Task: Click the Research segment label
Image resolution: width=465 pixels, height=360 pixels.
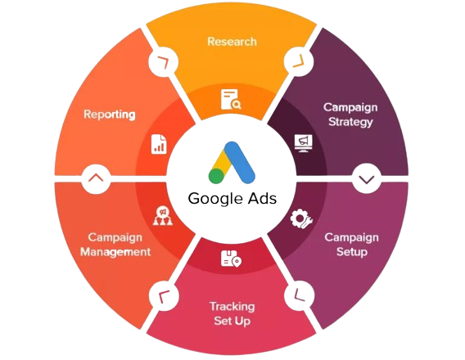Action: coord(232,42)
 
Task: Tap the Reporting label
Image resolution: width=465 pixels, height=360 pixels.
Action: coord(110,115)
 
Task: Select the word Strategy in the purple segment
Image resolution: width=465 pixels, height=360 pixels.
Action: coord(350,122)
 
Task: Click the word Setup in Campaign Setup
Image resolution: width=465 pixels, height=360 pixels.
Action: coord(352,252)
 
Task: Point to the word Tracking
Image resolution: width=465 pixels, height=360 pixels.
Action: coord(232,307)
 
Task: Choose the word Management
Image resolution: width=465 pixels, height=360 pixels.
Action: coord(115,252)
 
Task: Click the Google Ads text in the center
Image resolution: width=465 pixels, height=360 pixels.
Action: coord(232,198)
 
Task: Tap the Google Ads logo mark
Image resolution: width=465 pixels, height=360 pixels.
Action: coord(232,162)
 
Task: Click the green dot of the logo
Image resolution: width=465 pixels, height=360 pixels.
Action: coord(216,176)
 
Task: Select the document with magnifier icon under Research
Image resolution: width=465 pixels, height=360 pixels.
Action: coord(231,99)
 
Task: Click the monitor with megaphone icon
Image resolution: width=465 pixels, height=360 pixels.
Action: coord(304,143)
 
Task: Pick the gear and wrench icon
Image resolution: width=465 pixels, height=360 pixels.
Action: coord(300,219)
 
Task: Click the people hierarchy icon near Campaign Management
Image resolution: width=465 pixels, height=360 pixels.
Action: coord(163,215)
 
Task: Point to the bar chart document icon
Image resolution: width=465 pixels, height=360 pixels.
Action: coord(159,144)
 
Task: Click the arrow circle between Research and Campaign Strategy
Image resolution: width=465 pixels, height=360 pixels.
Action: coord(299,61)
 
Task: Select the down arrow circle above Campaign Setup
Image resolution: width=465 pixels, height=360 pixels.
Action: coord(367,178)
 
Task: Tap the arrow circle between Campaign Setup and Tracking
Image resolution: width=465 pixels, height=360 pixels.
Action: coord(299,295)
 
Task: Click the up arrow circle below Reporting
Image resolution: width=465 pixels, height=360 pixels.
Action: coord(96,178)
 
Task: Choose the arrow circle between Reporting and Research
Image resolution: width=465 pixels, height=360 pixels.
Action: coord(164,61)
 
